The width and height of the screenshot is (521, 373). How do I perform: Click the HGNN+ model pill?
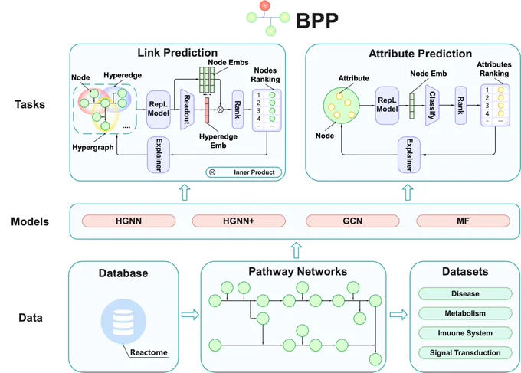point(238,221)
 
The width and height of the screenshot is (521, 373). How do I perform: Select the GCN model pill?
point(352,221)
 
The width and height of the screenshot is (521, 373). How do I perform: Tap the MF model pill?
point(463,221)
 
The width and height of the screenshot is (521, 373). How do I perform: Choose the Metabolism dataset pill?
point(465,313)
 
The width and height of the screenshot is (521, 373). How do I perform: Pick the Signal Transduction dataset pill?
point(465,353)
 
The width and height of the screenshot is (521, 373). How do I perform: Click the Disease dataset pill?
point(465,293)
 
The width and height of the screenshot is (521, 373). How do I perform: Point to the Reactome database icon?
point(123,322)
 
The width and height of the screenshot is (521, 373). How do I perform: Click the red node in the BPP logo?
point(265,5)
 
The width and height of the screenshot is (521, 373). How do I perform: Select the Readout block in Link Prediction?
point(187,110)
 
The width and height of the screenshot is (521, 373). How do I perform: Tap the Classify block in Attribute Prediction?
point(432,105)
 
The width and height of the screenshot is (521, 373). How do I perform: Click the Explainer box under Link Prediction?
point(159,155)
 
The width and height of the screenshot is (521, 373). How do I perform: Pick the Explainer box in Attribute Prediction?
point(409,155)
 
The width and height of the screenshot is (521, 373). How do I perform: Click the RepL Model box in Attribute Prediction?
point(387,105)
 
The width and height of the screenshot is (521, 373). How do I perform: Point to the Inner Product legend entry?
point(244,172)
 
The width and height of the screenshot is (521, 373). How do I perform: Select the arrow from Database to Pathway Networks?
point(190,314)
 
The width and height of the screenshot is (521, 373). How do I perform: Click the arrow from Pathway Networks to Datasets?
point(398,314)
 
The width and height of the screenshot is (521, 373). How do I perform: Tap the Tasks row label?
point(30,104)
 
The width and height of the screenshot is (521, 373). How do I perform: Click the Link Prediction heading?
point(178,53)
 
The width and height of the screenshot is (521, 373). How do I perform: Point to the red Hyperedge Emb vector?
point(207,110)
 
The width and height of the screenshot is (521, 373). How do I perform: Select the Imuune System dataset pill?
point(465,333)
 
